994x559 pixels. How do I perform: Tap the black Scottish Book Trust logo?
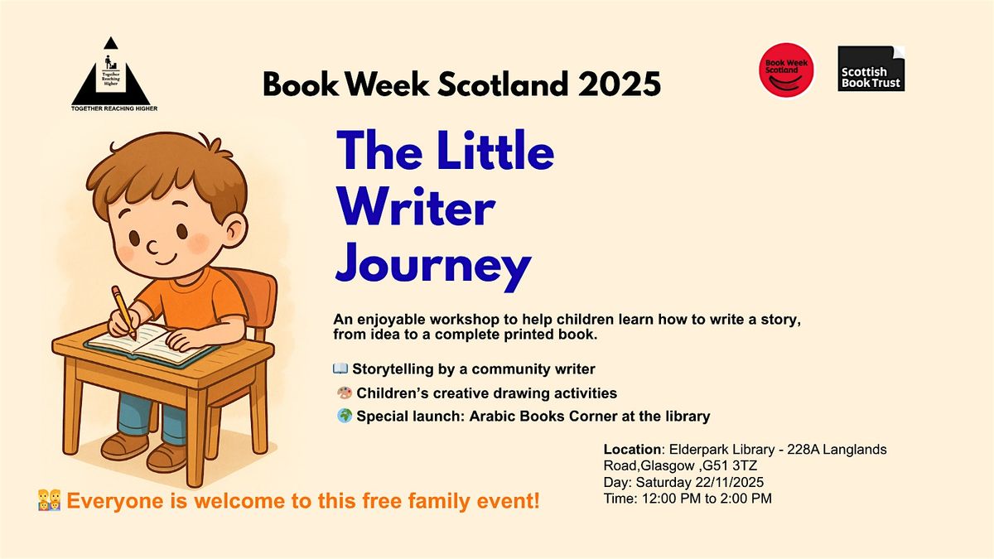tap(871, 69)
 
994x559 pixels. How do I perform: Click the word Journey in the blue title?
tap(432, 266)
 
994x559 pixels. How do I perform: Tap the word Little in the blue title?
tap(488, 152)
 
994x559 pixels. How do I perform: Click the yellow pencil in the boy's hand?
tap(123, 311)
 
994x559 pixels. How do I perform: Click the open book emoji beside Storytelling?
tap(340, 369)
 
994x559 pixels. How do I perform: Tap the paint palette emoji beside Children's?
tap(345, 393)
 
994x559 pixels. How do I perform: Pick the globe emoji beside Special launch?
tap(345, 417)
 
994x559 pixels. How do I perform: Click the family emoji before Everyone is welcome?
tap(50, 499)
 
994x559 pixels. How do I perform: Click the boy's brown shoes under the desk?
tap(149, 451)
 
